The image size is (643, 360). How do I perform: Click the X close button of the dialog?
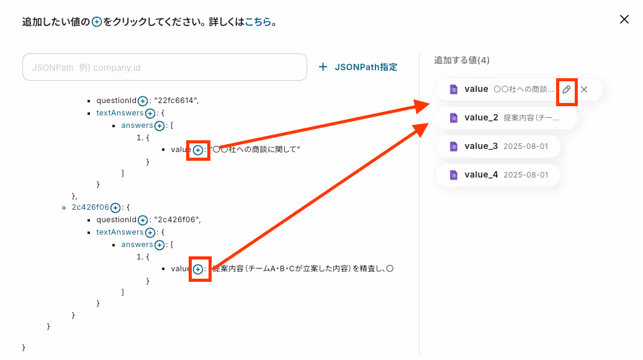pos(624,19)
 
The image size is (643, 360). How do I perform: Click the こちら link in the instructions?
pos(258,22)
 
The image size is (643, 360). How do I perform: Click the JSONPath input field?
pos(164,67)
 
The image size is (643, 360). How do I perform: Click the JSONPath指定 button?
pos(357,67)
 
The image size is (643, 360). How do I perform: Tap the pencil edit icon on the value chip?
pos(567,89)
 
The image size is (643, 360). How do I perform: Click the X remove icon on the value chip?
pos(584,89)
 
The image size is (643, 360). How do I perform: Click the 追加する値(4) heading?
pos(462,60)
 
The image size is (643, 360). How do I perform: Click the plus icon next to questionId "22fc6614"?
pos(143,101)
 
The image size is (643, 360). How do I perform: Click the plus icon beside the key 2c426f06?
pos(115,207)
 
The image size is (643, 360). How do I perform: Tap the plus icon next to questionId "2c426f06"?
pos(143,220)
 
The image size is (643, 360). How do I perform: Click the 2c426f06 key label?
pos(91,207)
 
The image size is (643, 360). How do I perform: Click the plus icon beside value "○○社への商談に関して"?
pos(198,150)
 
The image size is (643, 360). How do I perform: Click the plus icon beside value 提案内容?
pos(198,269)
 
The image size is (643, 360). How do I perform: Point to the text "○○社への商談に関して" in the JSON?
pos(256,150)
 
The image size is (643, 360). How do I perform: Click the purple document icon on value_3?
pos(454,146)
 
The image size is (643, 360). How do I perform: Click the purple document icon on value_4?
pos(454,174)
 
